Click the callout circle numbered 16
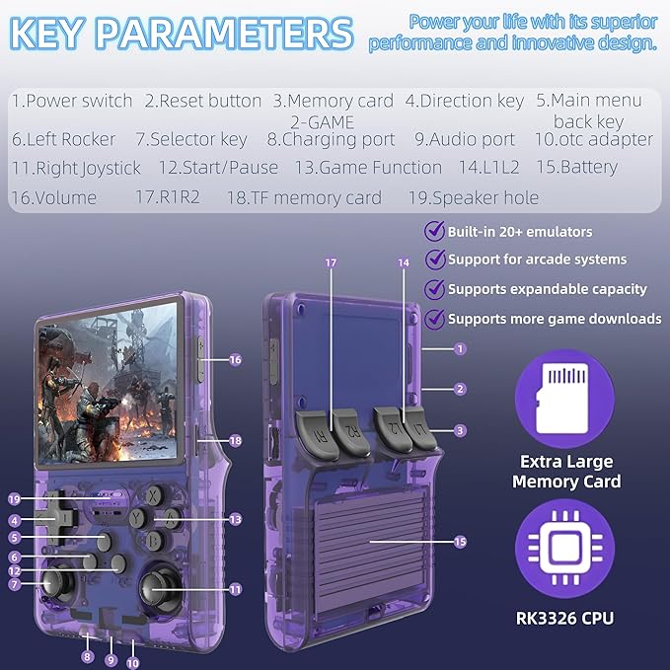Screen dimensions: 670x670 [235, 360]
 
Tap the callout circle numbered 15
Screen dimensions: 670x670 [461, 542]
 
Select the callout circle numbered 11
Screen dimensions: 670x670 [235, 589]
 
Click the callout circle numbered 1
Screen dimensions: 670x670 [461, 348]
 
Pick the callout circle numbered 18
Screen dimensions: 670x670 [235, 440]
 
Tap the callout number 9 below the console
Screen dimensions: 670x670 [111, 659]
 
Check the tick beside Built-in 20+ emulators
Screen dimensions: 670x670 [433, 231]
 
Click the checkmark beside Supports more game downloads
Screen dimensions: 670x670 [433, 318]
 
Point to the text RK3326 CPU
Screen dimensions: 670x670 [565, 619]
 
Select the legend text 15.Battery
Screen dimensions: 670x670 [575, 167]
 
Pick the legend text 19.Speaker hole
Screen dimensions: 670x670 [474, 197]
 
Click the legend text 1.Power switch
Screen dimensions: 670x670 [72, 101]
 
